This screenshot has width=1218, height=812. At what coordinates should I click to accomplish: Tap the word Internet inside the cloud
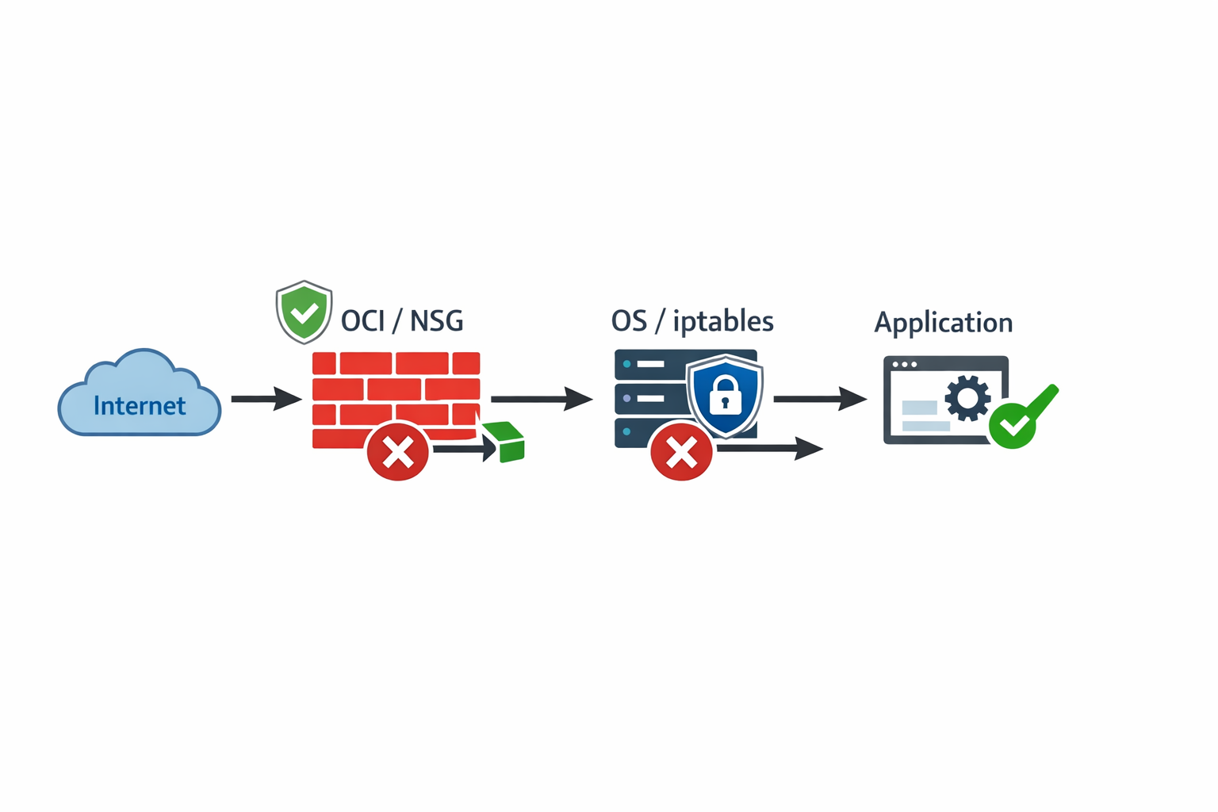[140, 406]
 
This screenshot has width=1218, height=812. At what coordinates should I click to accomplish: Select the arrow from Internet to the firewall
[266, 398]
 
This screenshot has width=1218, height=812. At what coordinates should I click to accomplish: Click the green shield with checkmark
[304, 312]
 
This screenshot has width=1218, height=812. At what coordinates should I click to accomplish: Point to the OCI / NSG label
[402, 321]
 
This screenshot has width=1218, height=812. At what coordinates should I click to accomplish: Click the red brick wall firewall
[396, 389]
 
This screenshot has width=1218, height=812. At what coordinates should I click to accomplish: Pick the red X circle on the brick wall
[398, 451]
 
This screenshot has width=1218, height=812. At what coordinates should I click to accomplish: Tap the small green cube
[505, 442]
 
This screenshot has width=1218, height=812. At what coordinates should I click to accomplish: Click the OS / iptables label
[692, 321]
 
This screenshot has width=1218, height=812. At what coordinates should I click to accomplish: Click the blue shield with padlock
[725, 395]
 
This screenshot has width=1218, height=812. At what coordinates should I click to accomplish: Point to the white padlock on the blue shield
[725, 396]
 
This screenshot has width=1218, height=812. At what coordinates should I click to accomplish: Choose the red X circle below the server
[681, 452]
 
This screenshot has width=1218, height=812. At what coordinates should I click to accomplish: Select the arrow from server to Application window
[819, 398]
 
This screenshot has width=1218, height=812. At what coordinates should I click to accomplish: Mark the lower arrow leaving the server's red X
[769, 449]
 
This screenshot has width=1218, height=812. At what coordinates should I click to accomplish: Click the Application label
[943, 323]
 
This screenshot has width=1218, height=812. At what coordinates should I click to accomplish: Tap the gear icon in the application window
[967, 398]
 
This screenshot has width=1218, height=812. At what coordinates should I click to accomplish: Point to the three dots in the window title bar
[904, 365]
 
